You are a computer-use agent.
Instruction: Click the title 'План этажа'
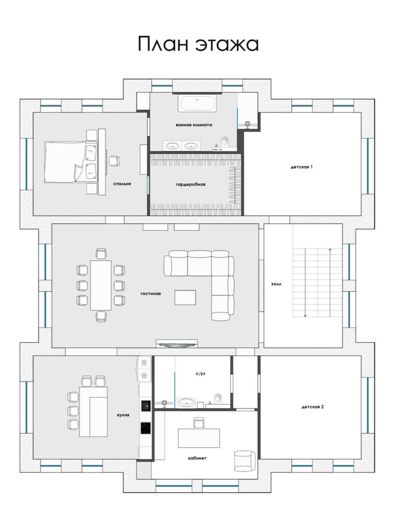pos(198,44)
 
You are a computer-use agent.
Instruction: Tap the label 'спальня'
pos(122,184)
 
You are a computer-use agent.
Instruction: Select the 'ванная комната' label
pos(194,125)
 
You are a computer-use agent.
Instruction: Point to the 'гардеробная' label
pos(190,185)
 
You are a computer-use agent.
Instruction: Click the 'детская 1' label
pos(302,167)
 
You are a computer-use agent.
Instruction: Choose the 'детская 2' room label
pos(313,407)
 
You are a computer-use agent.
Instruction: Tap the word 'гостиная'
pos(151,294)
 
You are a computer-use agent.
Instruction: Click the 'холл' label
pos(276,284)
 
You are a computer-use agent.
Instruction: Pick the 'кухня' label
pos(123,415)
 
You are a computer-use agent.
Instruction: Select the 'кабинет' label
pos(197,458)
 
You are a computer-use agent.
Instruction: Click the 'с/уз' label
pos(201,374)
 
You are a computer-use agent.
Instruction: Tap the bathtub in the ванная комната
pos(197,103)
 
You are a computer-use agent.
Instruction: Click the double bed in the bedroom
pos(70,162)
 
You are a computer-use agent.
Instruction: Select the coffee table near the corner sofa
pos(185,298)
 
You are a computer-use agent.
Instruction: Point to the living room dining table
pos(101,285)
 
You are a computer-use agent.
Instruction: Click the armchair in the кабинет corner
pos(245,461)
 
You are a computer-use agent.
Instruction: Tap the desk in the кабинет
pos(199,438)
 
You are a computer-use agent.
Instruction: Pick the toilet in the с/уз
pos(218,398)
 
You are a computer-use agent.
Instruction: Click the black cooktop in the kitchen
pos(146,428)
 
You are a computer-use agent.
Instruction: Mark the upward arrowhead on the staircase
pos(330,249)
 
